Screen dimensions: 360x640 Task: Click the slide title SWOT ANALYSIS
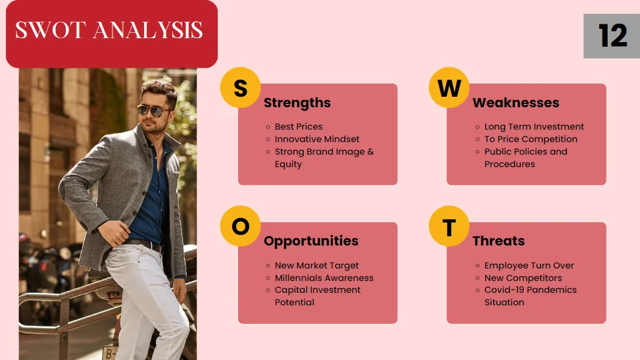point(109,31)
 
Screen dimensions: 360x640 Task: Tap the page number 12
point(612,36)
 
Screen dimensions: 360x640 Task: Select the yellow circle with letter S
point(240,88)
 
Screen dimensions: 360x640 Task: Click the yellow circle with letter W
point(449,88)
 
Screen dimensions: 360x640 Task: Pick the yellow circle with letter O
point(240,226)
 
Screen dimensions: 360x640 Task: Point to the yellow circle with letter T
point(449,227)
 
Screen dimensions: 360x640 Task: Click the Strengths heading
point(297,103)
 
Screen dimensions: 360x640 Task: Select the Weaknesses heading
point(516,103)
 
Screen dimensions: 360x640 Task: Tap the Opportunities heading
point(311,241)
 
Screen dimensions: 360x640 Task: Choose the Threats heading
point(499,241)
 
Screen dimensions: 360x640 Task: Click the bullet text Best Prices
point(299,126)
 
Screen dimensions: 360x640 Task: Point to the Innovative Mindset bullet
point(317,139)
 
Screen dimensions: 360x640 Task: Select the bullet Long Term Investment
point(534,126)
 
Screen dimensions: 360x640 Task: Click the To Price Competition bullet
point(531,139)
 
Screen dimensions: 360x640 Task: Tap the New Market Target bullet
point(317,265)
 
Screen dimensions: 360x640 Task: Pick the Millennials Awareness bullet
point(324,278)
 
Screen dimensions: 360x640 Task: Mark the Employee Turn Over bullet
point(529,265)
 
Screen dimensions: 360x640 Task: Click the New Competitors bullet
point(523,278)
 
